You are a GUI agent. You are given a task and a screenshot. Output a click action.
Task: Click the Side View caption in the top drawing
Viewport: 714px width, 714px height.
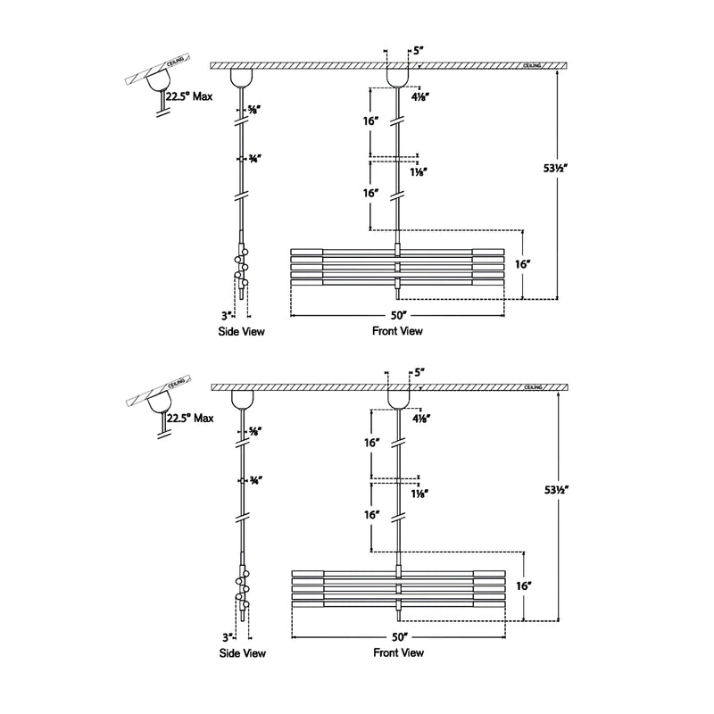click(x=242, y=331)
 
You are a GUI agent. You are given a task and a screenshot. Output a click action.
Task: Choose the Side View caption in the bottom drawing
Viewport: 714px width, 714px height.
click(x=242, y=652)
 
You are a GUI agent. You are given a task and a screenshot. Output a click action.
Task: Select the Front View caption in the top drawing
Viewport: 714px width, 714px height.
click(x=397, y=331)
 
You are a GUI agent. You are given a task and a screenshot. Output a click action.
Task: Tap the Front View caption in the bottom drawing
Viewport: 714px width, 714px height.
click(x=397, y=652)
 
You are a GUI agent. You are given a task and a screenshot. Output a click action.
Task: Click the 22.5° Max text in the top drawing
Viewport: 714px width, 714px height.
click(x=189, y=96)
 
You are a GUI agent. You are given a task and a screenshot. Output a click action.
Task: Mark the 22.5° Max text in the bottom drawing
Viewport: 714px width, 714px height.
click(x=189, y=418)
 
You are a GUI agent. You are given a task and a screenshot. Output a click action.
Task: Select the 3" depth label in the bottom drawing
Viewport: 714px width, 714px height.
click(x=228, y=637)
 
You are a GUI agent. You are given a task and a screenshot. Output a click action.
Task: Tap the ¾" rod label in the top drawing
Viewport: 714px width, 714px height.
click(x=254, y=159)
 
